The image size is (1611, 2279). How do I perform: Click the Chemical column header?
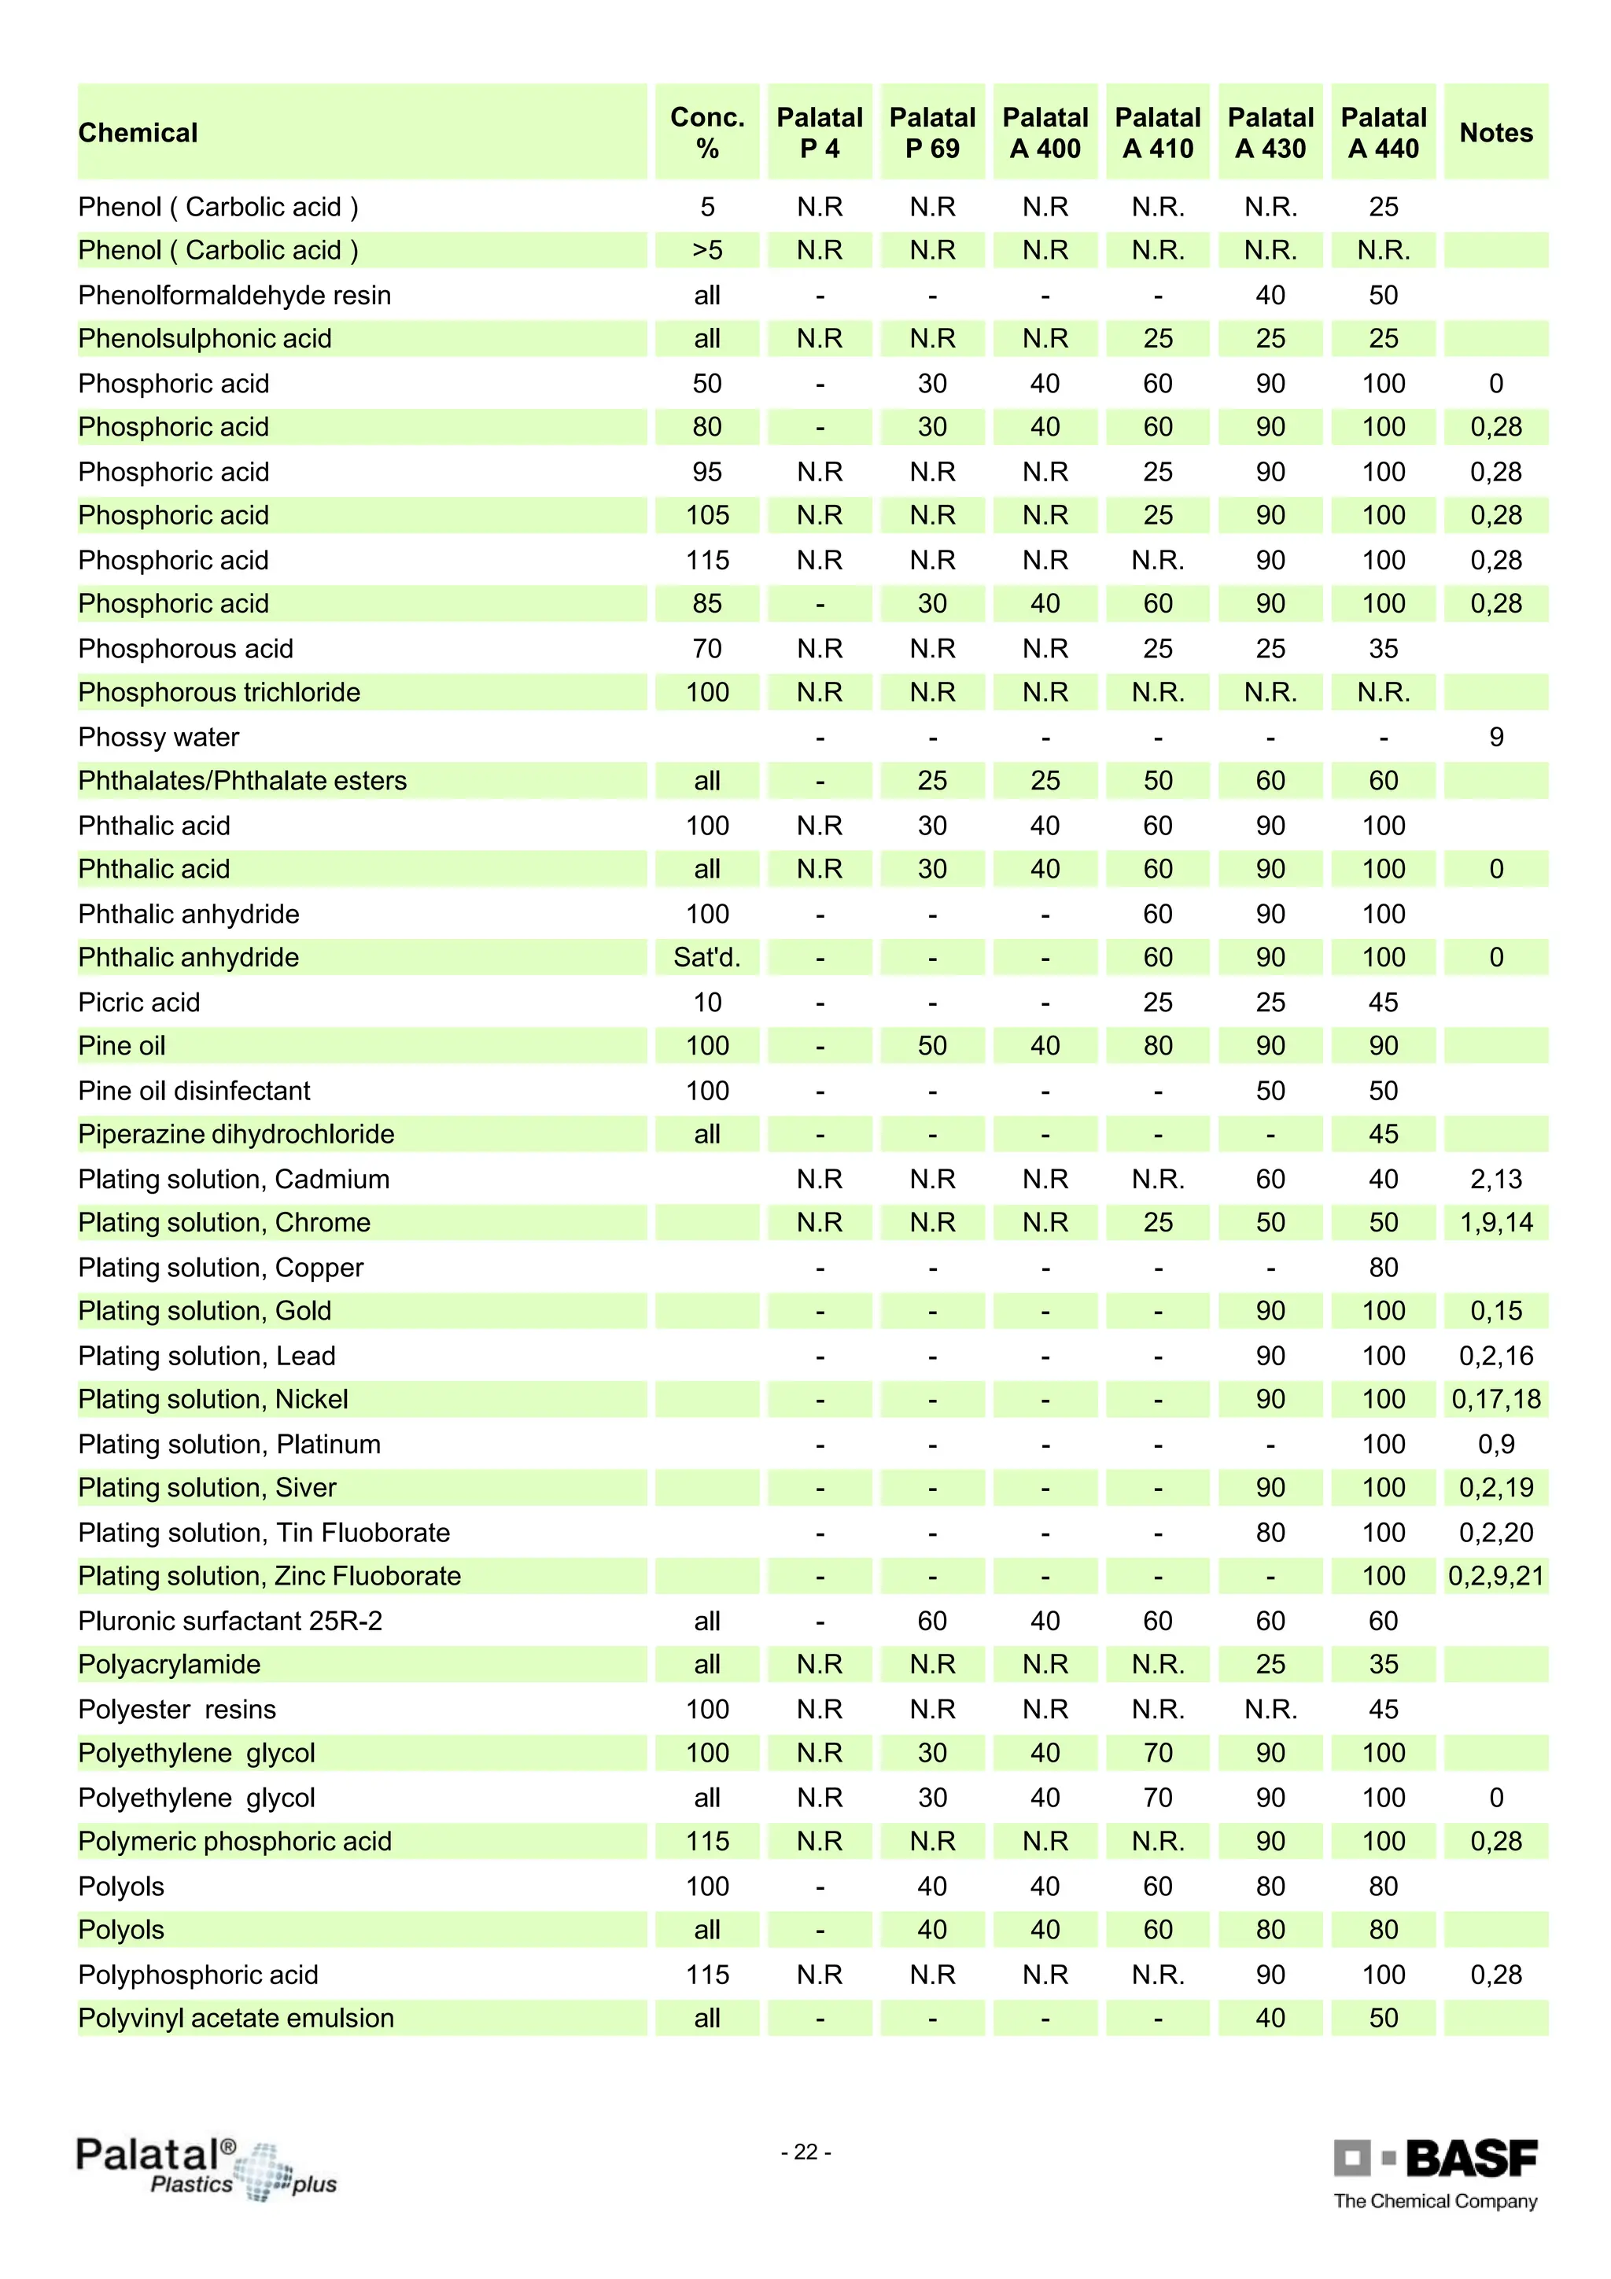[x=138, y=133]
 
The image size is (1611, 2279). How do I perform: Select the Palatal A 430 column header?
[x=1270, y=133]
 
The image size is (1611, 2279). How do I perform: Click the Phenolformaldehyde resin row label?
[x=234, y=295]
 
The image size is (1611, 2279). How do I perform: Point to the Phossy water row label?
[x=159, y=737]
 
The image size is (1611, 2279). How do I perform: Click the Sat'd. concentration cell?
[x=706, y=957]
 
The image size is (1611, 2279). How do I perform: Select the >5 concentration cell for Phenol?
[x=706, y=250]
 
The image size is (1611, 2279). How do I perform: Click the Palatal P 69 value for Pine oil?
[x=932, y=1045]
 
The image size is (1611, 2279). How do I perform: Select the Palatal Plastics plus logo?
[x=205, y=2168]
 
